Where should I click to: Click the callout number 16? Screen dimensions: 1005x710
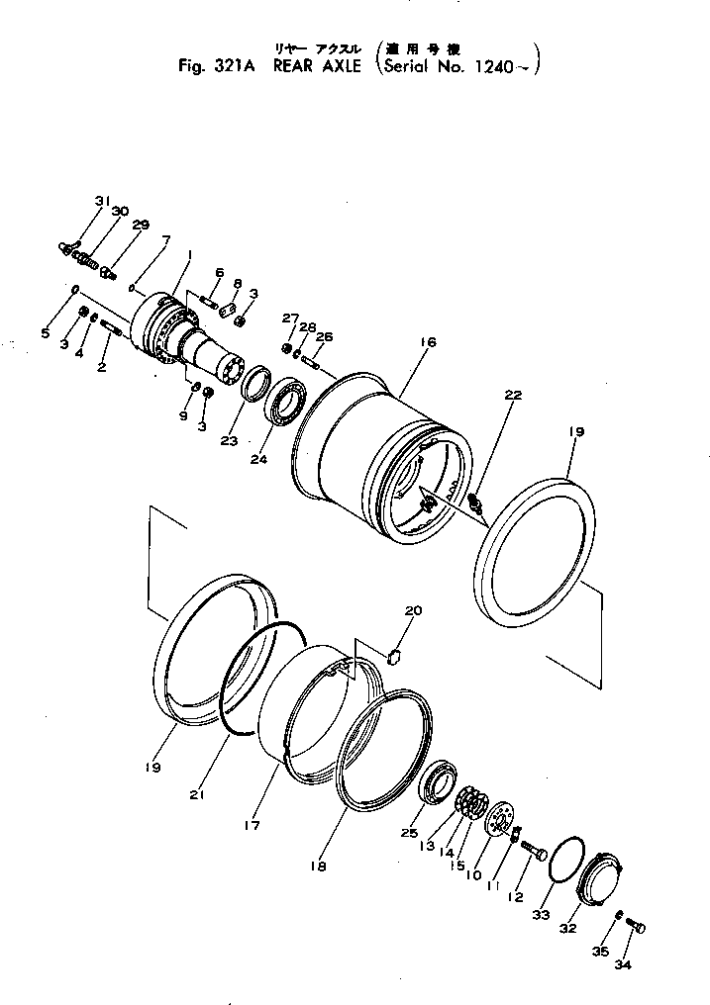428,342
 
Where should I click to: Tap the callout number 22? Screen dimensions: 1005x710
512,396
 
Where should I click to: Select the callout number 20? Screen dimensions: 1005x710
413,611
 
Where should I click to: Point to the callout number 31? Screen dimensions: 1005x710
102,202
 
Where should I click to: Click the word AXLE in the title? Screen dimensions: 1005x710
323,67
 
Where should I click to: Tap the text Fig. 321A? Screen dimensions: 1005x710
210,67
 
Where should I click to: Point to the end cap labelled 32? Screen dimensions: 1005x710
599,875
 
